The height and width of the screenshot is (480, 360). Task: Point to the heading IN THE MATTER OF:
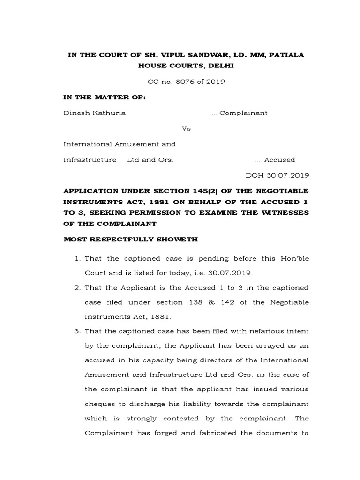[x=105, y=97]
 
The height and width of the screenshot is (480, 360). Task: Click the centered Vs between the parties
[x=186, y=128]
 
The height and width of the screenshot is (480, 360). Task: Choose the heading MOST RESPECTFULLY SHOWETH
[x=131, y=240]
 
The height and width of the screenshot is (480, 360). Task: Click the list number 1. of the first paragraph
[x=78, y=259]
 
